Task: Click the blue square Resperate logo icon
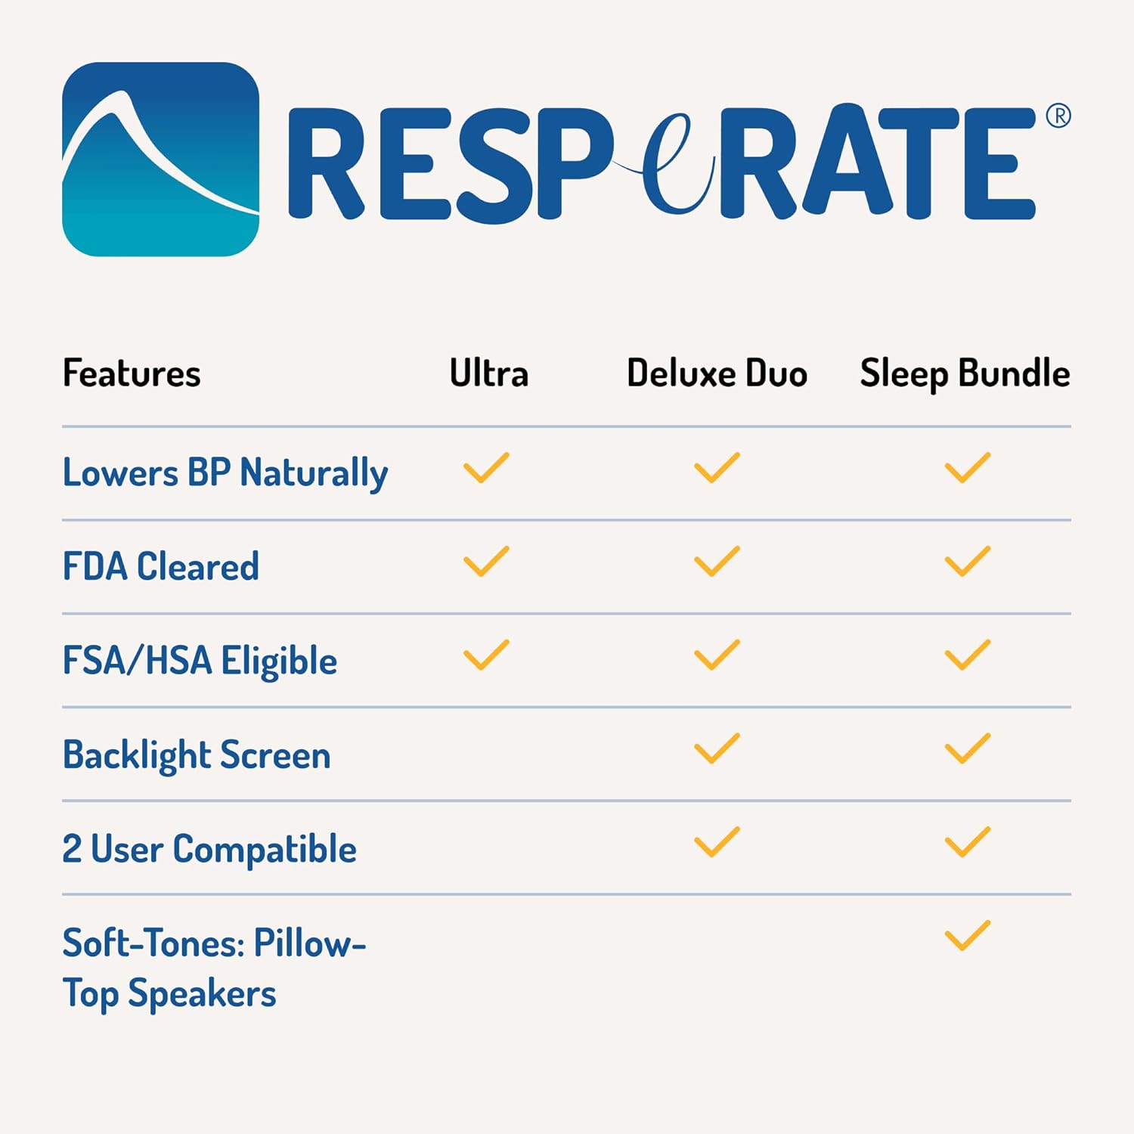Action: (160, 160)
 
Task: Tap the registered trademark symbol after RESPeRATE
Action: (1058, 116)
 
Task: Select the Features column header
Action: (132, 373)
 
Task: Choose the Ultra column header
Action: (489, 373)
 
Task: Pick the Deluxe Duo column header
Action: (717, 373)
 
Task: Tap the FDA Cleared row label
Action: (161, 566)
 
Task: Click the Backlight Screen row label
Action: (197, 755)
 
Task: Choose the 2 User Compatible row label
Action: (209, 849)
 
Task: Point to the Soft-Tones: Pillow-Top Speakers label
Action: (214, 968)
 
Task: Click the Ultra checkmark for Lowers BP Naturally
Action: (486, 468)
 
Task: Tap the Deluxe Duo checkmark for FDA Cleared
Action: (717, 562)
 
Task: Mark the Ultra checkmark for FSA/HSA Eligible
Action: (486, 655)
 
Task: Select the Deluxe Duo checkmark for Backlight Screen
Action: (717, 748)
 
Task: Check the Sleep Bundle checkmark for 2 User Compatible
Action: (968, 842)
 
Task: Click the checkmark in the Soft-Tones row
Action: (968, 936)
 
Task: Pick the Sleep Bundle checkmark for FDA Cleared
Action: (968, 562)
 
